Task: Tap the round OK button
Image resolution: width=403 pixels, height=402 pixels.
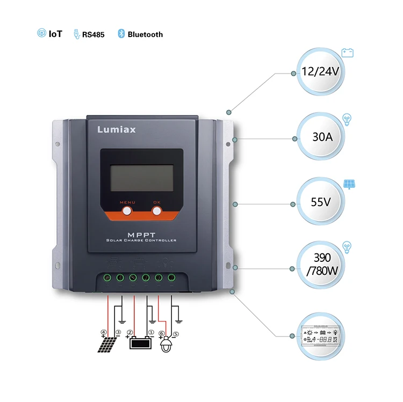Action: (156, 211)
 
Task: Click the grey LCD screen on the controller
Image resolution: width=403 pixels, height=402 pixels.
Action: (141, 178)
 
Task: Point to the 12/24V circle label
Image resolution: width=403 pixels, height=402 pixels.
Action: (321, 72)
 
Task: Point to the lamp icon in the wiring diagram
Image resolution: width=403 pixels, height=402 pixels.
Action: (168, 345)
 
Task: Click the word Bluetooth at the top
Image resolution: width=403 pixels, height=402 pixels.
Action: (145, 34)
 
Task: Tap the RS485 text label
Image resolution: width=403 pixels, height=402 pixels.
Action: (93, 34)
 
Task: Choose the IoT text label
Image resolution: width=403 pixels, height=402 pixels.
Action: (55, 34)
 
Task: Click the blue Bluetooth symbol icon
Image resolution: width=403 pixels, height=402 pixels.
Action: (121, 34)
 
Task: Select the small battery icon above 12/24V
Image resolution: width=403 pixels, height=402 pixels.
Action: (348, 53)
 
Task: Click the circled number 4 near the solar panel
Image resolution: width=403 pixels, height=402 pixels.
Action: (103, 332)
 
